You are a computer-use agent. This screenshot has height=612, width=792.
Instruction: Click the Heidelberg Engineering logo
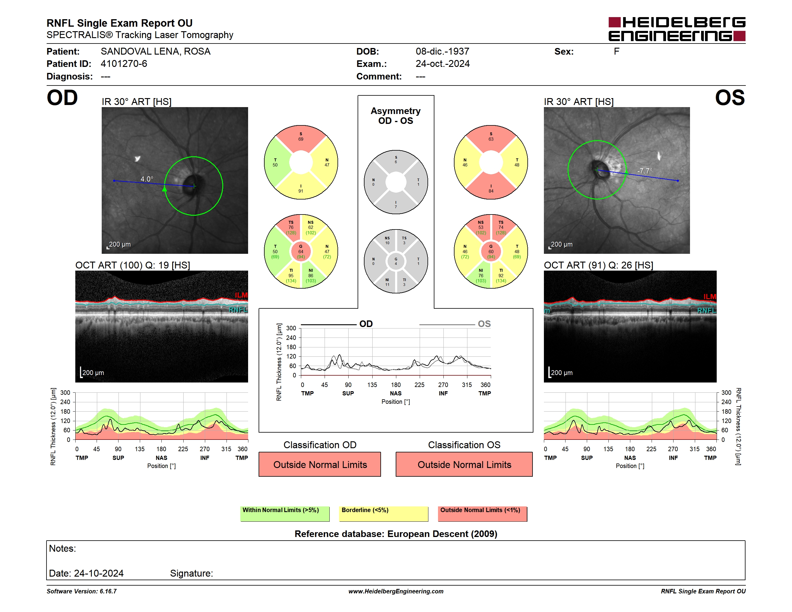click(x=677, y=29)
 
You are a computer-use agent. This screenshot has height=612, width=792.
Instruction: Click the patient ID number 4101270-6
click(x=124, y=64)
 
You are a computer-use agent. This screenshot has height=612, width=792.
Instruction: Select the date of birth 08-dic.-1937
click(x=442, y=52)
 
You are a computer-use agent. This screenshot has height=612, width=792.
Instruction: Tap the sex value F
click(x=616, y=52)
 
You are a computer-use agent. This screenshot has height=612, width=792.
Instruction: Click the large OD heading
click(x=62, y=98)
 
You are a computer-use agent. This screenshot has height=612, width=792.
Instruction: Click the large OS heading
click(x=730, y=98)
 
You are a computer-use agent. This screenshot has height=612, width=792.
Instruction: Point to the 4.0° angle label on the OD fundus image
click(x=147, y=179)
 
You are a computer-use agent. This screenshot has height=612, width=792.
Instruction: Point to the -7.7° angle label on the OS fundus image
click(x=645, y=170)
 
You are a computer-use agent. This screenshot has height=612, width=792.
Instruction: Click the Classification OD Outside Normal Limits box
click(x=320, y=464)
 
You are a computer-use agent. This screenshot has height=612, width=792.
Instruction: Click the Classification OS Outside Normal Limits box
click(x=464, y=464)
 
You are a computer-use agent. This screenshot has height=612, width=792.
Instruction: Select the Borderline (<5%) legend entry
click(x=384, y=514)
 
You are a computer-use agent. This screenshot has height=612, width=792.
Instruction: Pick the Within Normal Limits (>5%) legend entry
click(x=285, y=514)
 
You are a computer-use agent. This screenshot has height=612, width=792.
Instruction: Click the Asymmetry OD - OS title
click(x=396, y=116)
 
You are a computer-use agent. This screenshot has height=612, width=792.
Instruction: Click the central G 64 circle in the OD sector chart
click(x=301, y=251)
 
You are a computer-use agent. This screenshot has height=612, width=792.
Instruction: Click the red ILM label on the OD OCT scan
click(x=241, y=295)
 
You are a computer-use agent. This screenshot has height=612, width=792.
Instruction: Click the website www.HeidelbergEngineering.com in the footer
click(x=396, y=591)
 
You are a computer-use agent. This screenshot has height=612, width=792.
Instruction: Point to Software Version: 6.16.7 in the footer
click(x=82, y=591)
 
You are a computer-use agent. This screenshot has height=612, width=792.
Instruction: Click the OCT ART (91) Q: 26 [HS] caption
click(x=598, y=265)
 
